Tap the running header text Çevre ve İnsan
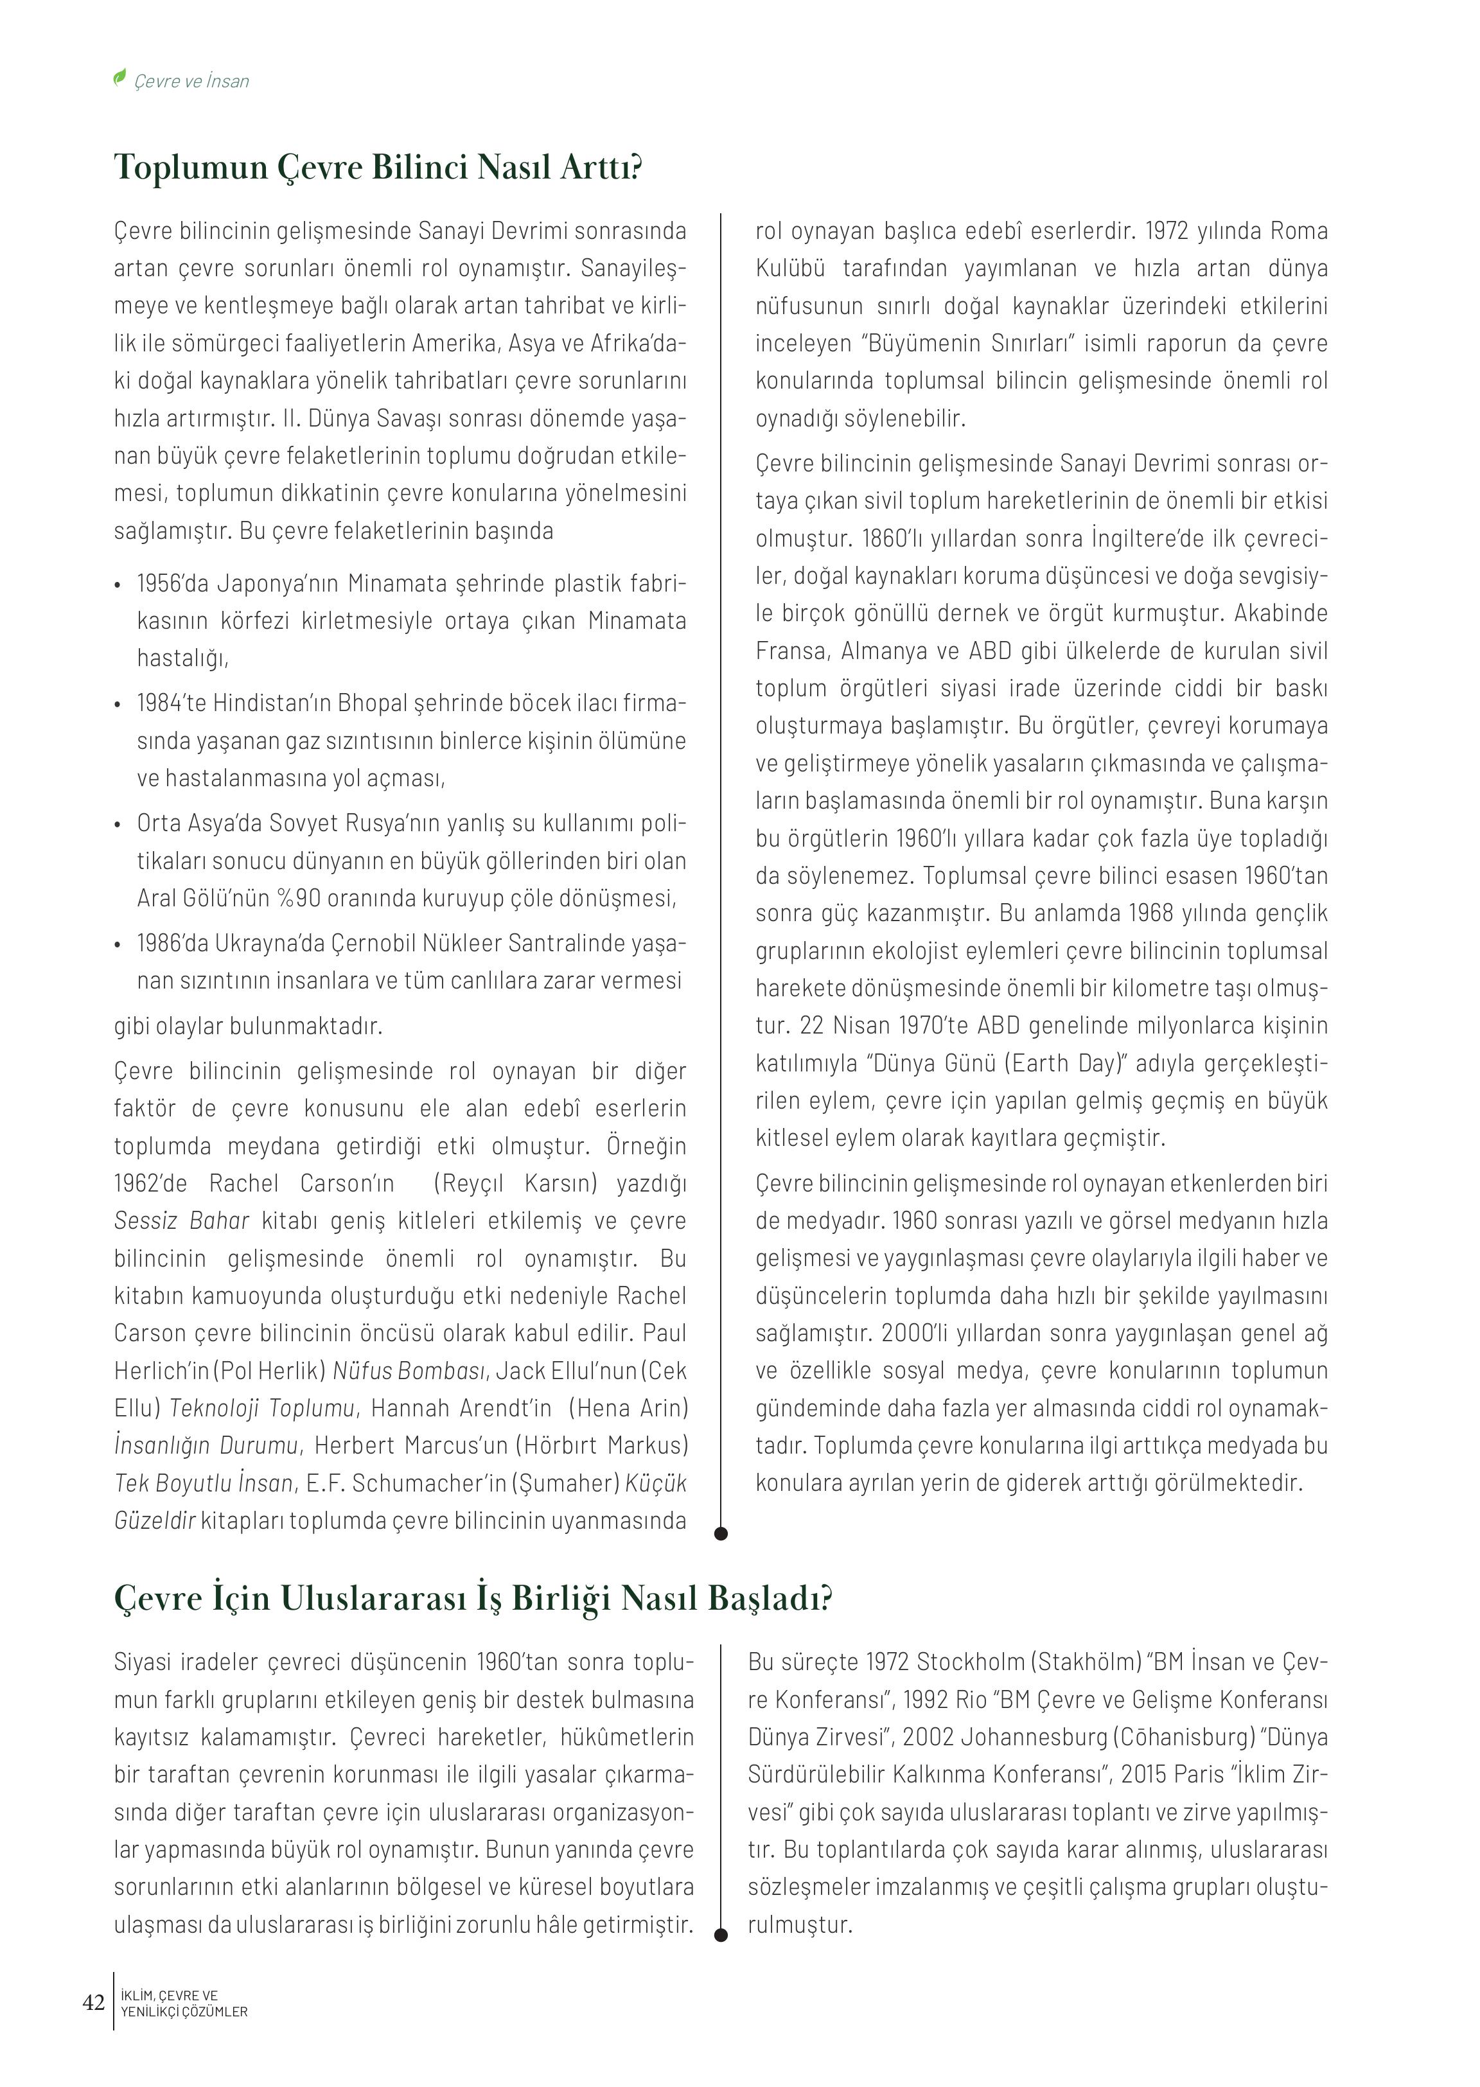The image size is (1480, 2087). point(191,81)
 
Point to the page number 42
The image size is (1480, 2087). point(94,2002)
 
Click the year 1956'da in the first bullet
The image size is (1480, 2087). point(173,583)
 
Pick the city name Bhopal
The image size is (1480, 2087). point(374,703)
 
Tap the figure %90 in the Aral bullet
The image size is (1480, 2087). point(295,899)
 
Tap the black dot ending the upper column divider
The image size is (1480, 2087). point(721,1534)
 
